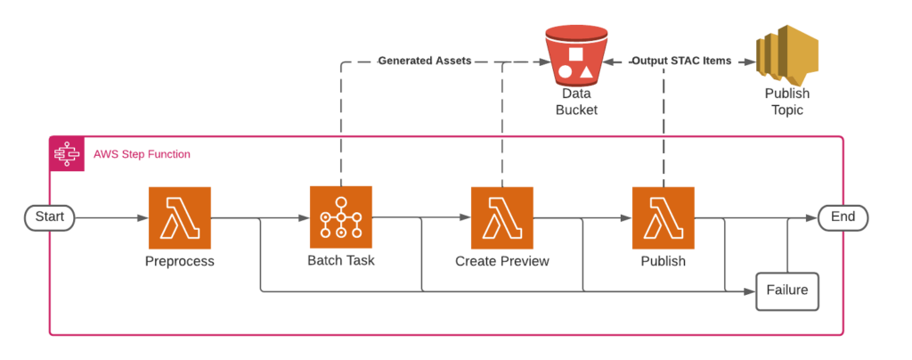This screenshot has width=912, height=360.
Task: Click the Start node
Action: tap(50, 217)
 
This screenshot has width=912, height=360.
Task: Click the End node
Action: tap(843, 217)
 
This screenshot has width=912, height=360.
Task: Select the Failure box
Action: tap(786, 290)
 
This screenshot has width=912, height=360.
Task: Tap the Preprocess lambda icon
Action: tap(180, 218)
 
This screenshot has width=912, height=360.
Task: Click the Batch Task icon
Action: tap(341, 217)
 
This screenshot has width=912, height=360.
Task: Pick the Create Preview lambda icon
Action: tap(502, 218)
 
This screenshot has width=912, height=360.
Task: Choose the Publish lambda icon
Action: tap(664, 218)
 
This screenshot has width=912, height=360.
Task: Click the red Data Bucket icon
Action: tap(576, 53)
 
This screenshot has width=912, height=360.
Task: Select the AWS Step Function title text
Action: tap(142, 154)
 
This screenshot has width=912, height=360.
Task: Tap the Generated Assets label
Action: tap(424, 61)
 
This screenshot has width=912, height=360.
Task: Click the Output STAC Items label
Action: tap(681, 61)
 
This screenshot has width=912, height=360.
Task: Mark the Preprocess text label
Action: tap(180, 262)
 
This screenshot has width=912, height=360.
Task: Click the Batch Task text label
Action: tap(341, 261)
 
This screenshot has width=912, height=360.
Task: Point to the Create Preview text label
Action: tap(502, 262)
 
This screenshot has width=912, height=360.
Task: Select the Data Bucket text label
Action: tap(576, 102)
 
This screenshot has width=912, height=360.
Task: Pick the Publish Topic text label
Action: tap(786, 102)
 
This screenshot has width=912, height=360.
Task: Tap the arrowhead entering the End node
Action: tap(812, 217)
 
